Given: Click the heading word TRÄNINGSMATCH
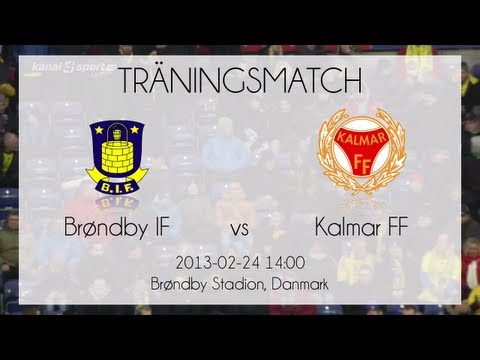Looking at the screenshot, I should click(x=240, y=78).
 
